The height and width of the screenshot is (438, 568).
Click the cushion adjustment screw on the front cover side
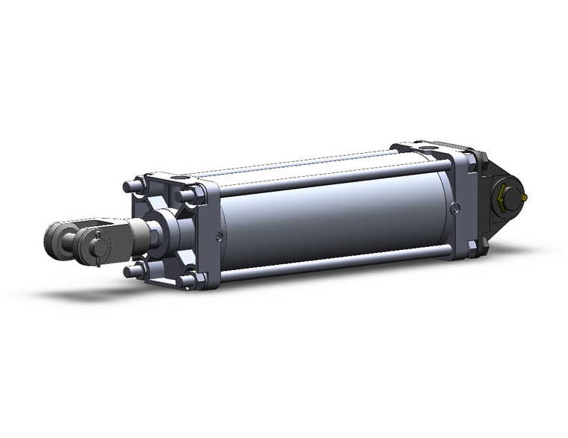[x=217, y=237]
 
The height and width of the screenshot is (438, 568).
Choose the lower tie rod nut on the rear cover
[x=472, y=245]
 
